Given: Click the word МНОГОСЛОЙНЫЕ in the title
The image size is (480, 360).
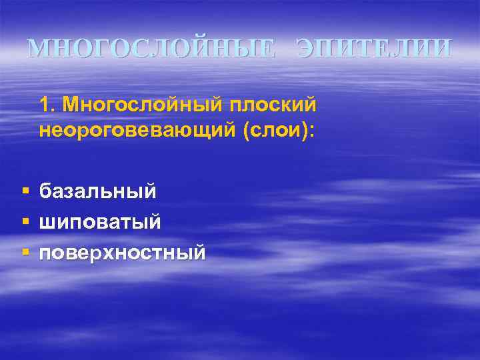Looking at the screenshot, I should pos(150,49).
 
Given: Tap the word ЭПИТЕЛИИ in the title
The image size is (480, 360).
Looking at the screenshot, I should pos(374,49).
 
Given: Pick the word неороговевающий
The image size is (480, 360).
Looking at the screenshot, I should pos(134,130).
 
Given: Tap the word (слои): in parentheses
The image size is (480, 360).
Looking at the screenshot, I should pos(275,130).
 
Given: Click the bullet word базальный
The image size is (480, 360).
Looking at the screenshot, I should pos(98,192).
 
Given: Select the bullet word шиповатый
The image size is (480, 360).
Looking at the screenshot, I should pos(100,223).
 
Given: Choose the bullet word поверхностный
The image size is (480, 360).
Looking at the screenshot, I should pos(122,253).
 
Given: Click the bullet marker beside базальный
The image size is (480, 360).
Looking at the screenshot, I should pos(25,192).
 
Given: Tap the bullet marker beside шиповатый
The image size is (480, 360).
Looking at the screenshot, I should pos(25,223).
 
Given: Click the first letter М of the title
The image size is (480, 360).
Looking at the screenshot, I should pos(39,49).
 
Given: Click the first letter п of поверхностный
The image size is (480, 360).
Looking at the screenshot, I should pos(45,255).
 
